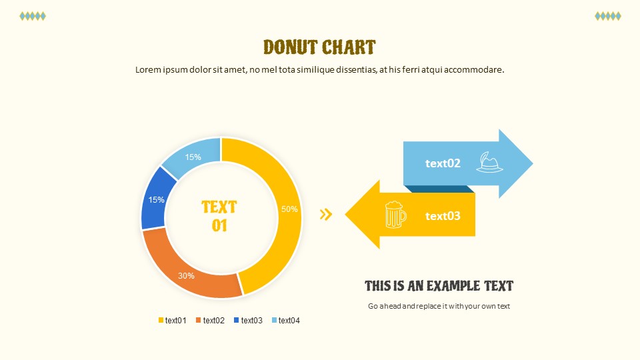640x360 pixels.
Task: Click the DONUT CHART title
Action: (x=319, y=47)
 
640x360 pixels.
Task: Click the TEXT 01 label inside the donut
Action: (x=219, y=216)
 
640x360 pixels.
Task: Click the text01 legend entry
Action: (x=172, y=321)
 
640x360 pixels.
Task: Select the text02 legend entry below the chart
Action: (x=210, y=321)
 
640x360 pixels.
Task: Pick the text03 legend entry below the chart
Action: (x=248, y=321)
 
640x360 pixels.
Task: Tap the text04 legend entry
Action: (x=286, y=321)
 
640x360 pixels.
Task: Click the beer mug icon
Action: (x=395, y=214)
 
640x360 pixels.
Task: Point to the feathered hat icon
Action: (x=489, y=162)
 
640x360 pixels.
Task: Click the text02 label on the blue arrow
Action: (x=443, y=163)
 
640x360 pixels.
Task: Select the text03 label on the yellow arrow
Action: (x=443, y=215)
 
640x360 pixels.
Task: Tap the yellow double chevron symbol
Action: (x=326, y=214)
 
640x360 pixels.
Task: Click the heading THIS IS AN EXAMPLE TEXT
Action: (x=439, y=286)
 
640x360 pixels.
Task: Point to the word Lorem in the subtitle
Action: (x=148, y=70)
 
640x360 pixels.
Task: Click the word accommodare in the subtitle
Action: (x=474, y=70)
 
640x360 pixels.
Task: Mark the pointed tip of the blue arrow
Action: (x=533, y=164)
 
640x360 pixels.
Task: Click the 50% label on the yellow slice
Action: (x=289, y=209)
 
